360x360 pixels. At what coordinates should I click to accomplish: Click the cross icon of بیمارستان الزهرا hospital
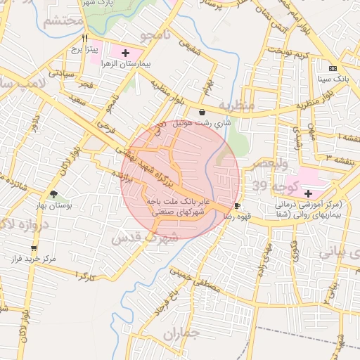pyautogui.click(x=126, y=53)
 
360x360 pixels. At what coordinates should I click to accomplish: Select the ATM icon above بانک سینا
pyautogui.click(x=332, y=68)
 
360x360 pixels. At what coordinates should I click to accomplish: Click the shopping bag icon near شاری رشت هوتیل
pyautogui.click(x=202, y=112)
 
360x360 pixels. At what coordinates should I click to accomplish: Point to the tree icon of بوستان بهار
pyautogui.click(x=53, y=194)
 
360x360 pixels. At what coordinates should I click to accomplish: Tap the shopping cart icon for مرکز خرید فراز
pyautogui.click(x=34, y=248)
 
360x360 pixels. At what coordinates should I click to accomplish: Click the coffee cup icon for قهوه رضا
pyautogui.click(x=237, y=205)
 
